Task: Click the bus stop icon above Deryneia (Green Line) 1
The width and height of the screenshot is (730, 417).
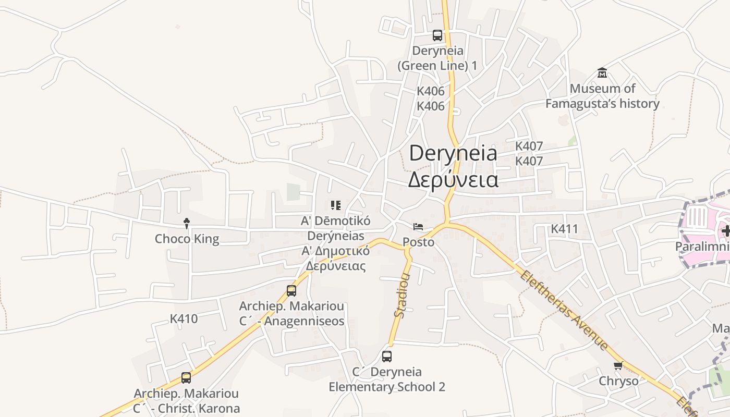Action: point(437,35)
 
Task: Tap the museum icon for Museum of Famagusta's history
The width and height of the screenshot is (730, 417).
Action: point(602,72)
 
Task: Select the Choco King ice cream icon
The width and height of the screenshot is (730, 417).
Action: point(187,224)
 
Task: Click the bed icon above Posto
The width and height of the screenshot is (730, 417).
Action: point(418,227)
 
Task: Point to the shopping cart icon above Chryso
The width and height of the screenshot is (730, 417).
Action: point(618,365)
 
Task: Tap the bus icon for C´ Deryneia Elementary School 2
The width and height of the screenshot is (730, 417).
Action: point(387,357)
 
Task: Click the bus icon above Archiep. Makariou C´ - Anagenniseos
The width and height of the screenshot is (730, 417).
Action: point(291,291)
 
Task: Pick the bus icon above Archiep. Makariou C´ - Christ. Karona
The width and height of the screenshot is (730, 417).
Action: point(186,378)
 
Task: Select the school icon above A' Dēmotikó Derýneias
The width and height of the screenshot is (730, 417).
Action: point(336,205)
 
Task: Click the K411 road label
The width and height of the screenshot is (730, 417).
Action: point(565,229)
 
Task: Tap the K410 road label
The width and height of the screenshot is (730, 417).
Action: point(184,319)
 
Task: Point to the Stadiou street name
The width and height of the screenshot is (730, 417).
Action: point(401,295)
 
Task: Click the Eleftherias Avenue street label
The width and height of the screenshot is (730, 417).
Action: point(563,310)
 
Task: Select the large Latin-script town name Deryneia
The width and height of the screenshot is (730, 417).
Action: point(453,153)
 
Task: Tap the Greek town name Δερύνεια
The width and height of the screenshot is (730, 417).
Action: point(453,179)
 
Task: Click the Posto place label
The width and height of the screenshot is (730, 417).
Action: point(418,242)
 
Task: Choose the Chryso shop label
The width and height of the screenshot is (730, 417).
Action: point(618,381)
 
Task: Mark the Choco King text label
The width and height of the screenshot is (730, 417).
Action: point(187,239)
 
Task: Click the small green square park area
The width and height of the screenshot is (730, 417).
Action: point(294,192)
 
